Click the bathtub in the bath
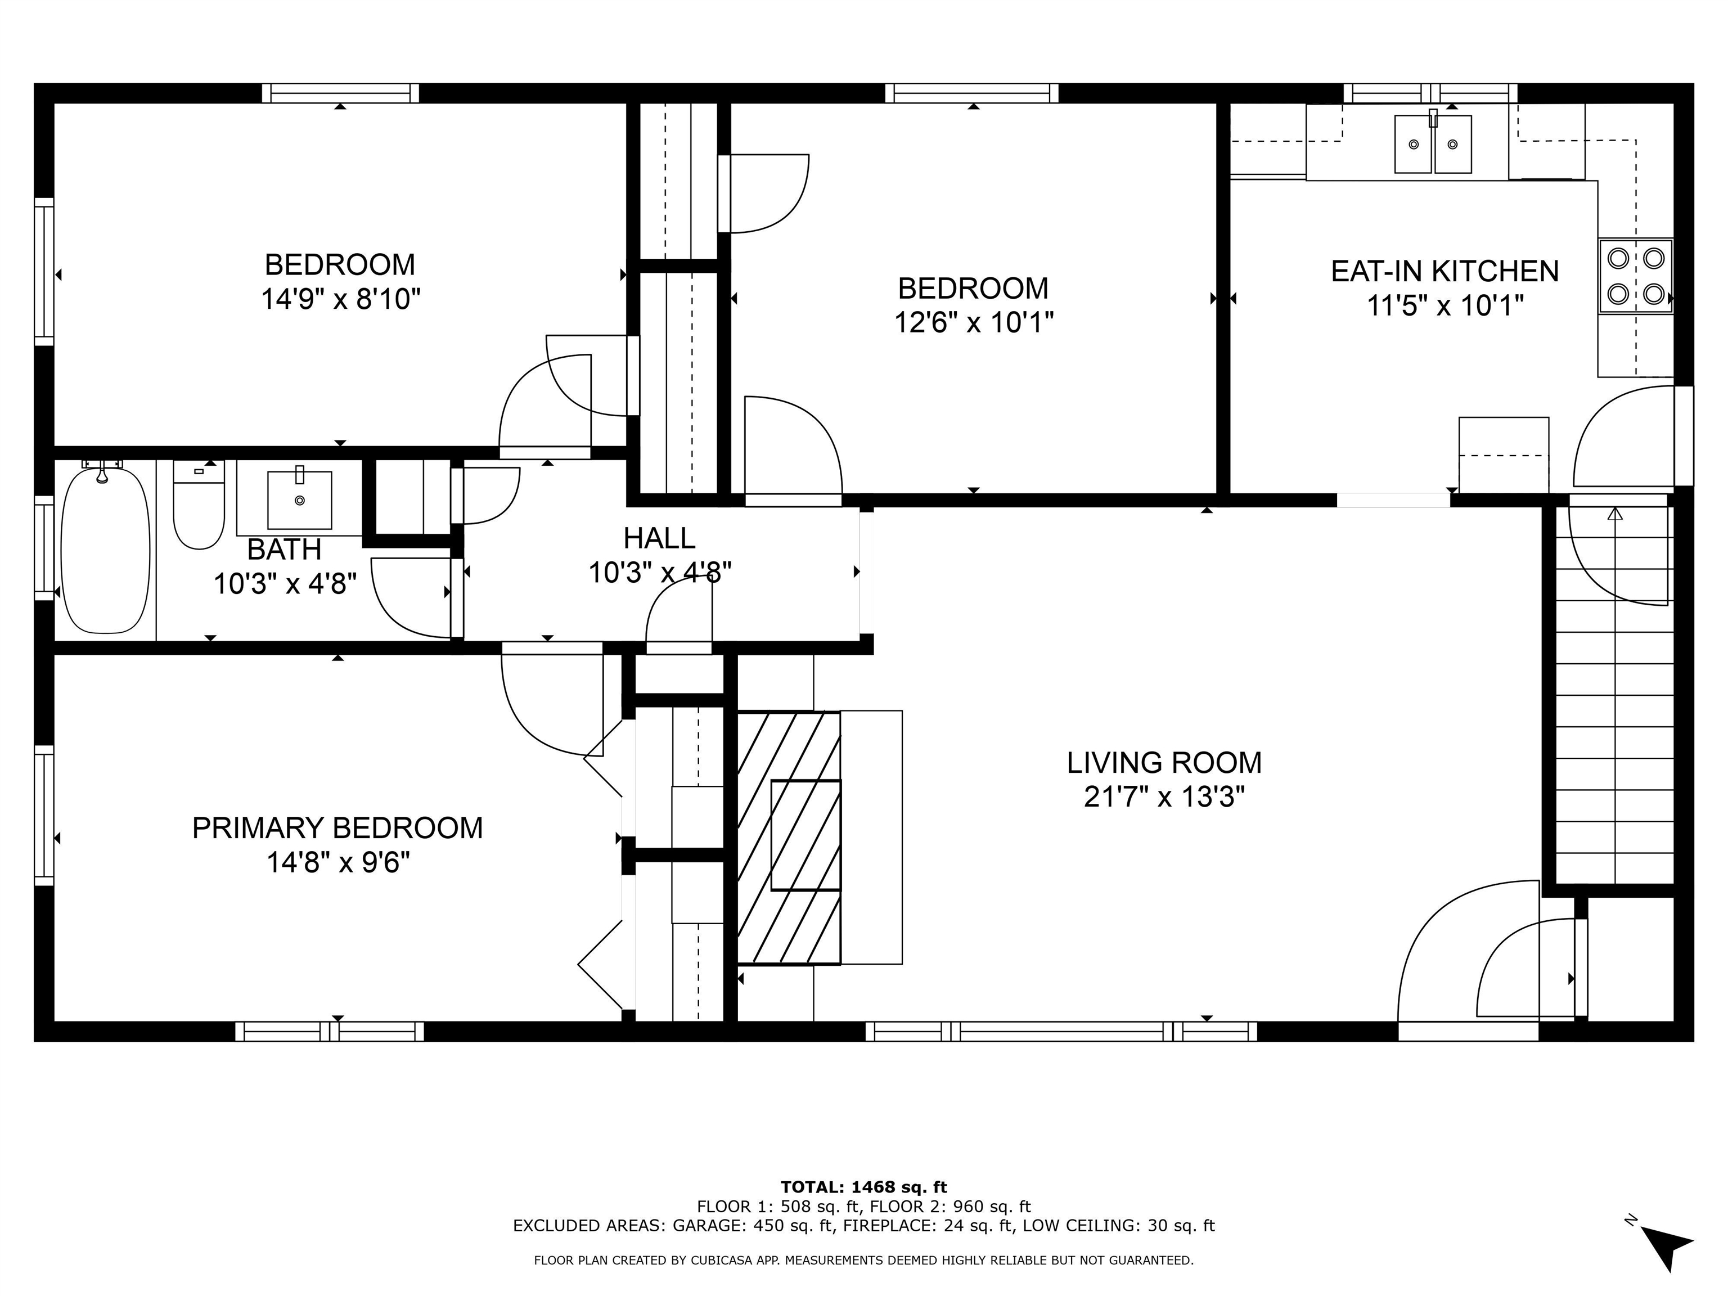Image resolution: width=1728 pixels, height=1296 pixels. (x=105, y=550)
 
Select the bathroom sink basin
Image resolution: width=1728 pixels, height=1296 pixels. (x=299, y=500)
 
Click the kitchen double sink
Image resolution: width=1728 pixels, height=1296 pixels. (x=1433, y=144)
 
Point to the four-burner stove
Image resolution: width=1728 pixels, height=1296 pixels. (x=1635, y=276)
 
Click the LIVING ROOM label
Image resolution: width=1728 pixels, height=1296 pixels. (x=1163, y=762)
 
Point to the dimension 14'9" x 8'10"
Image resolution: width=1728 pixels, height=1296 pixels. (x=341, y=299)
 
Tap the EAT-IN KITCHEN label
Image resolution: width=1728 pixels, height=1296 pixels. (x=1444, y=271)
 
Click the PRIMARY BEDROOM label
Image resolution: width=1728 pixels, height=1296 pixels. (x=337, y=828)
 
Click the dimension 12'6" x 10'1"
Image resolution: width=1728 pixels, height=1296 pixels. (x=973, y=322)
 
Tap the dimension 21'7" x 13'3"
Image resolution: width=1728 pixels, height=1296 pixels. (x=1163, y=797)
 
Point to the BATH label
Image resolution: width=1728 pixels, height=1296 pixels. (x=285, y=549)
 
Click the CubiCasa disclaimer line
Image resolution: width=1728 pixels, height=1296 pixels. (x=863, y=1260)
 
